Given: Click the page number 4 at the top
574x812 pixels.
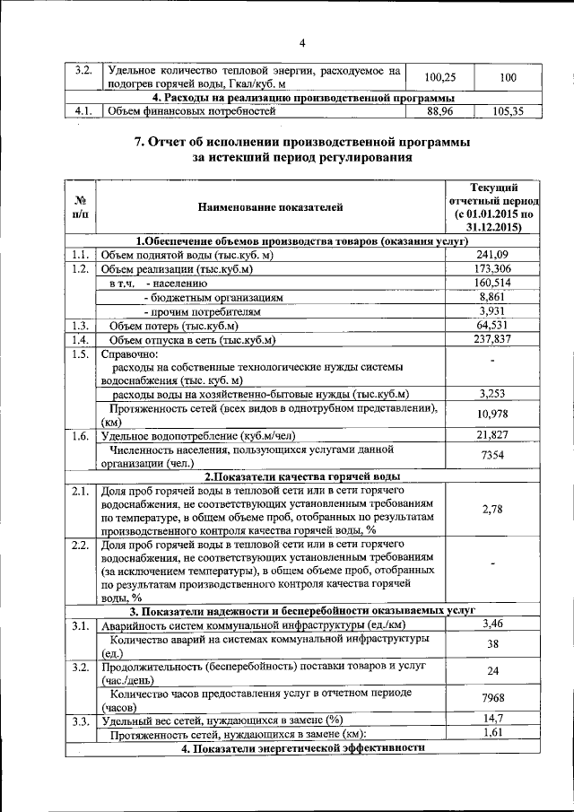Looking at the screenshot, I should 302,43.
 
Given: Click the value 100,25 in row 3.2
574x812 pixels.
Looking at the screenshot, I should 440,78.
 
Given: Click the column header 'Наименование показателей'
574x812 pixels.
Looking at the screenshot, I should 269,208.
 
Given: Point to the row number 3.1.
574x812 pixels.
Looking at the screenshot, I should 79,624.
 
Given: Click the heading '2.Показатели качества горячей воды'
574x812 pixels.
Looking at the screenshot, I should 301,476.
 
